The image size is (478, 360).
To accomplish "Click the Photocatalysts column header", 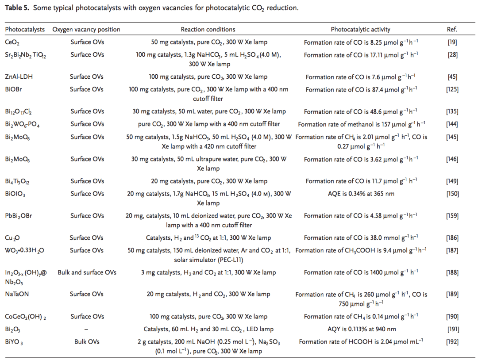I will (x=25, y=30).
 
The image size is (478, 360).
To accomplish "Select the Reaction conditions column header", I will (x=208, y=30).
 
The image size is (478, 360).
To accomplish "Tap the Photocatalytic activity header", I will (x=360, y=30).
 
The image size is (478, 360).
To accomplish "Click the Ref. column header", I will (x=452, y=30).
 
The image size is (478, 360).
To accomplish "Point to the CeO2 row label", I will (x=12, y=43).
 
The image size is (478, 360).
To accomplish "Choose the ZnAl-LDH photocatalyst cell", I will (x=19, y=77).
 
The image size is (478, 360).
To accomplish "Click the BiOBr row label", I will (x=14, y=89).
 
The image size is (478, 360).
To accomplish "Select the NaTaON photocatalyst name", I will (x=17, y=295).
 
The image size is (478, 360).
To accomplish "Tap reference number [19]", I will (x=452, y=43).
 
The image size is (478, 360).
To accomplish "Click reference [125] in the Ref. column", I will (x=452, y=89).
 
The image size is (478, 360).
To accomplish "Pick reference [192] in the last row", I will (x=452, y=342).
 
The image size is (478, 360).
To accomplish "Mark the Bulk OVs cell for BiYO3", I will (x=87, y=342).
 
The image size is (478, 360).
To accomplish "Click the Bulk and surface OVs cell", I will (x=87, y=272).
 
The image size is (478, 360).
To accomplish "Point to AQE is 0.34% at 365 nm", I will (x=360, y=194).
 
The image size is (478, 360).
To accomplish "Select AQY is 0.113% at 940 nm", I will (x=360, y=329).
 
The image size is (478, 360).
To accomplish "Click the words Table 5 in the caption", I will (x=16, y=8).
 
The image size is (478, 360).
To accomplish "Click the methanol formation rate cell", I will (x=360, y=124).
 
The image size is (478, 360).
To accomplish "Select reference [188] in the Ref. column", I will (x=452, y=272).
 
